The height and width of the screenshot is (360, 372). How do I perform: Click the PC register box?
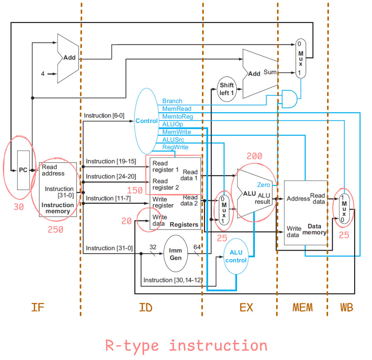coord(23,170)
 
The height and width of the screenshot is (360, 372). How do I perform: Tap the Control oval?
coord(147,121)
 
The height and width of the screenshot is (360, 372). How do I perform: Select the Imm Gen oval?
coord(176,254)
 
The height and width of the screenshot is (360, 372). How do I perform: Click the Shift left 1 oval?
coord(227,89)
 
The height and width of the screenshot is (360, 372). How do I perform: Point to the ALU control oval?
coord(236,256)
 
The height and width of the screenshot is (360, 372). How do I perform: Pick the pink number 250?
coord(55,230)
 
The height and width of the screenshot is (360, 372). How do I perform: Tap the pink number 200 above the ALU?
coord(254,157)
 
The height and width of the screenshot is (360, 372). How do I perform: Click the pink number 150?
coord(135,190)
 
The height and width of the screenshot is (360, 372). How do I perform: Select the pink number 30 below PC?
coord(19,207)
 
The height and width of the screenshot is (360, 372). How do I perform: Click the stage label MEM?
coord(302,307)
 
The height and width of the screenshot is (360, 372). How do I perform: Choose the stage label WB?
coord(346,307)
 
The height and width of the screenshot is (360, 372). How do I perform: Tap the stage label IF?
coord(37,307)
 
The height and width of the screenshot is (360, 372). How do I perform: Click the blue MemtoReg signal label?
coord(178,116)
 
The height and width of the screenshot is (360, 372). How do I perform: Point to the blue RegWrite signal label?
coord(175,147)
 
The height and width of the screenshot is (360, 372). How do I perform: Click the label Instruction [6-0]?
coord(102,115)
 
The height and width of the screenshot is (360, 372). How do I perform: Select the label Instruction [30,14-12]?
coord(172,280)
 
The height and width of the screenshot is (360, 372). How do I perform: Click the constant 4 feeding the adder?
coord(43,74)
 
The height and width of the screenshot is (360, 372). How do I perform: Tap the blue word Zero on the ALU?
coord(263,185)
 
